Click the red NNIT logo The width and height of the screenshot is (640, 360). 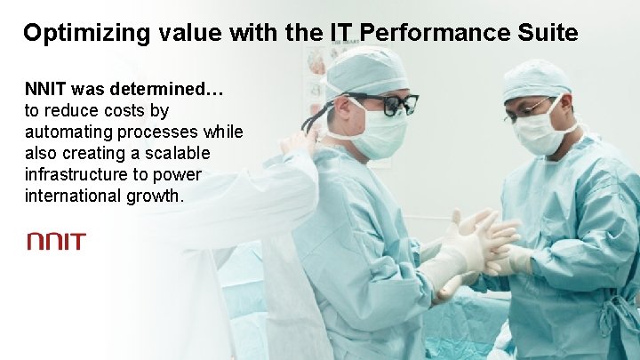[56, 241]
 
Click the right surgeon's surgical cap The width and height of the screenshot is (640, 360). [536, 79]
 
